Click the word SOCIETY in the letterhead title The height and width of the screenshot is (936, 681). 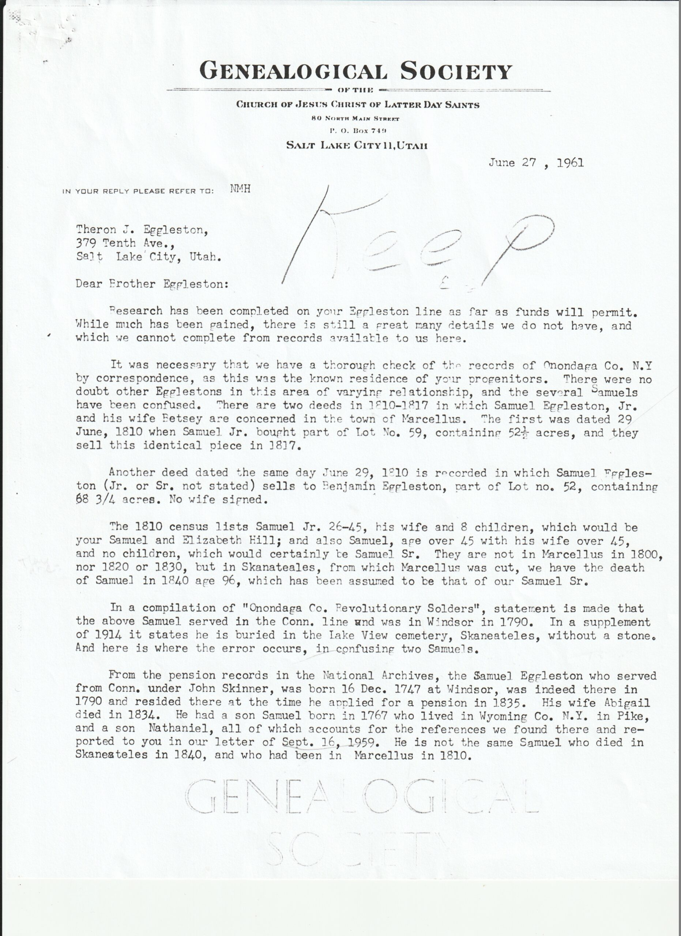click(x=456, y=71)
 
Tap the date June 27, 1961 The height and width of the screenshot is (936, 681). click(x=536, y=163)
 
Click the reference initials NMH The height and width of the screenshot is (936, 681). click(x=240, y=189)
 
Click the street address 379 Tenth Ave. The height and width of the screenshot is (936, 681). click(x=123, y=243)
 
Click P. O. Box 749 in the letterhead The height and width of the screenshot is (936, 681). click(x=357, y=131)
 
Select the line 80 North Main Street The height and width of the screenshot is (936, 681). click(x=355, y=118)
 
